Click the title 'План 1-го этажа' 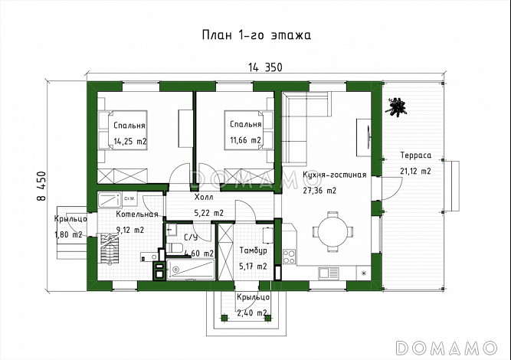(x=256, y=35)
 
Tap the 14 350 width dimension (x=265, y=67)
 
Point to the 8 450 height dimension (x=42, y=186)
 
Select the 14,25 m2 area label (x=130, y=142)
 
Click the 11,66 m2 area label (x=245, y=140)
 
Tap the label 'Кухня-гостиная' (x=334, y=175)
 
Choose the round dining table (x=332, y=232)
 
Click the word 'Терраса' (x=415, y=155)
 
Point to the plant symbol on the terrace (x=395, y=107)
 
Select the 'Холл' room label (x=204, y=197)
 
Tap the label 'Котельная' (x=137, y=214)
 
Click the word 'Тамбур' (x=254, y=250)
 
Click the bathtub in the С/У (x=191, y=269)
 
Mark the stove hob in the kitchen (x=289, y=257)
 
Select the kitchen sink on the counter (x=329, y=273)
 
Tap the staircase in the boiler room (x=110, y=249)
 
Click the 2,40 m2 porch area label (x=252, y=313)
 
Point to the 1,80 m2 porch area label (x=68, y=234)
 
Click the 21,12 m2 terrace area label (x=415, y=171)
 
